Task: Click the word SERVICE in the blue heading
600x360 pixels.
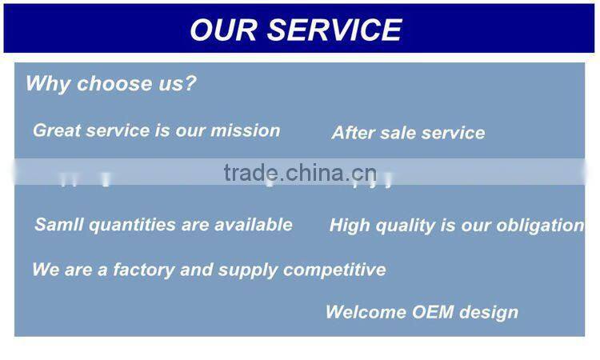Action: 334,30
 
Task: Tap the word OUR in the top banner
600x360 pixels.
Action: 224,30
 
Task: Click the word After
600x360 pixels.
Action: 354,133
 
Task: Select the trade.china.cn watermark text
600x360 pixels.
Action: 300,172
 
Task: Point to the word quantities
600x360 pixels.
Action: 130,226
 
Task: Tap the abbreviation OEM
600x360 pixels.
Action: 433,312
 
